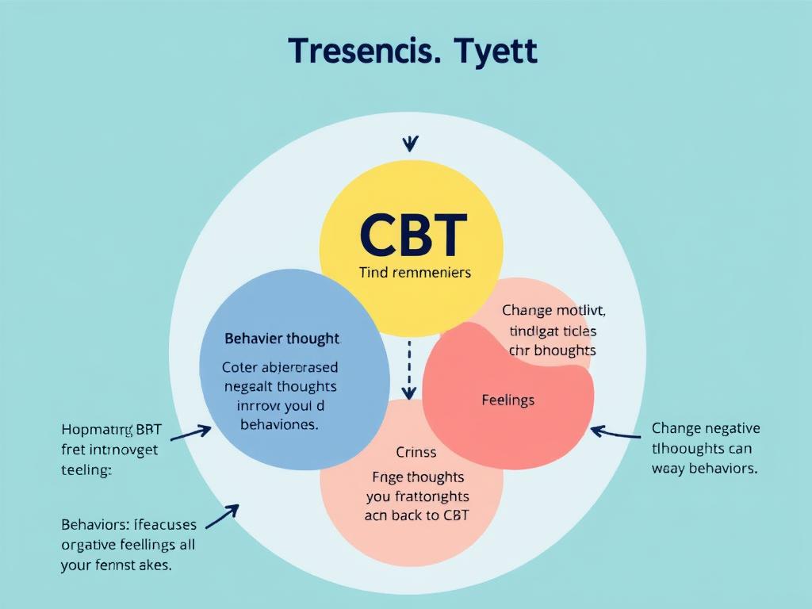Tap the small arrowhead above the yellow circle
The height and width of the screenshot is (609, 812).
tap(410, 144)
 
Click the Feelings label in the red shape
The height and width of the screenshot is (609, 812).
tap(507, 400)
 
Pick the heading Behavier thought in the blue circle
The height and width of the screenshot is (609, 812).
tap(282, 339)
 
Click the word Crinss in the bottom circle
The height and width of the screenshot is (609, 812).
tap(416, 453)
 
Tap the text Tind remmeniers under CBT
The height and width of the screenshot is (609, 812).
tap(415, 273)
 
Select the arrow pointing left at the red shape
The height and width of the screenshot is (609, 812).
tap(615, 433)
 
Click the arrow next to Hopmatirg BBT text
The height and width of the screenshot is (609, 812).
tap(190, 433)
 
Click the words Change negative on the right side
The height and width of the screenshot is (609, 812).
tap(705, 428)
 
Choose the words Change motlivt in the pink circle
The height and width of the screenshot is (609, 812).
tap(553, 311)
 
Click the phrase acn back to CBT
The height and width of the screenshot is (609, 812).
tap(416, 515)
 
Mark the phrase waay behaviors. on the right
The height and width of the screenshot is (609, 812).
tap(704, 468)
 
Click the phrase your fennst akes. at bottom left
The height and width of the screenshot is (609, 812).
tap(117, 565)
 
